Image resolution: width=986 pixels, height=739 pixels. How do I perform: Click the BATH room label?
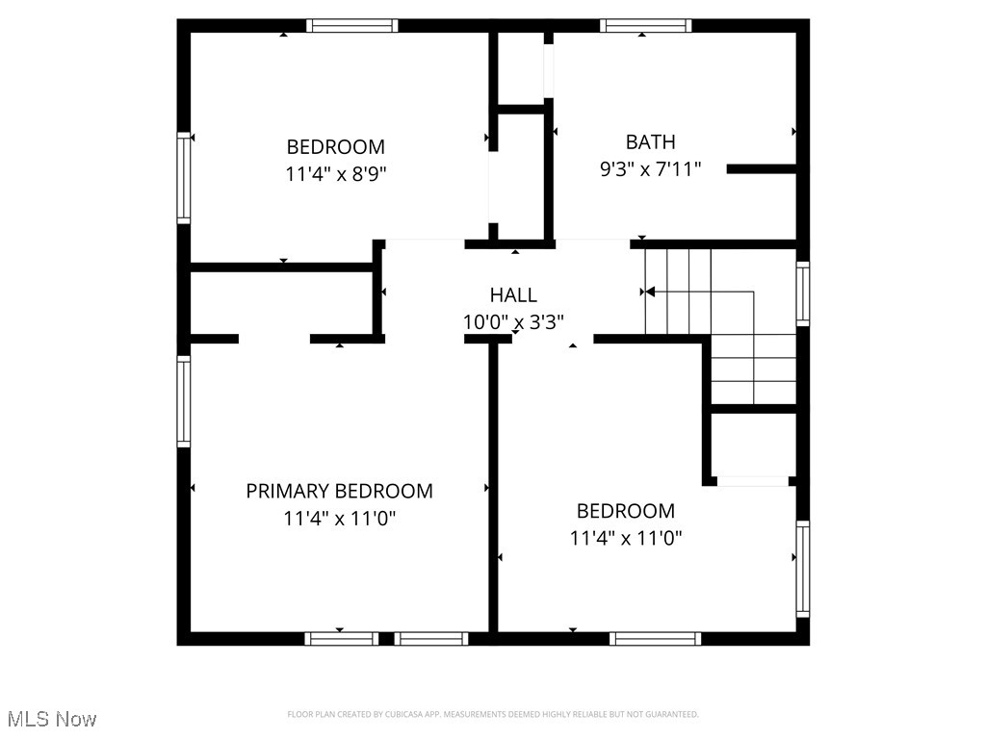[650, 142]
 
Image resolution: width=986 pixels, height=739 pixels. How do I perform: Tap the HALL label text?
[513, 295]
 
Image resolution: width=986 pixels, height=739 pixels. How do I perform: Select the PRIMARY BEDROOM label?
[339, 491]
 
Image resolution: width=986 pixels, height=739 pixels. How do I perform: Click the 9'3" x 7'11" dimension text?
[650, 169]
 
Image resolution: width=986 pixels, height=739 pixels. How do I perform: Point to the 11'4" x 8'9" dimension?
[335, 174]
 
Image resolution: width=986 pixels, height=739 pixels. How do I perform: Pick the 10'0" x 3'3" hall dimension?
[513, 322]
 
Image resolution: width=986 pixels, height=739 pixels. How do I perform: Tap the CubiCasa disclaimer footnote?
[492, 714]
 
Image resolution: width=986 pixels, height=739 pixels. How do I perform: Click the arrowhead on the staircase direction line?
[650, 291]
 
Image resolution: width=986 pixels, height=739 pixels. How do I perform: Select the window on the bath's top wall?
[645, 26]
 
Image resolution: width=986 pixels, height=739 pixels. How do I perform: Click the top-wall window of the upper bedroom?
[351, 26]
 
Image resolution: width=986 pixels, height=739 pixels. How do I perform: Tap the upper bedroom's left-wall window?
[183, 179]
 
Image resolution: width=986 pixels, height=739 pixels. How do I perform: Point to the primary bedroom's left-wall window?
[183, 400]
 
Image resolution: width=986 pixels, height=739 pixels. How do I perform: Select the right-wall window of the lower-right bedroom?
[802, 569]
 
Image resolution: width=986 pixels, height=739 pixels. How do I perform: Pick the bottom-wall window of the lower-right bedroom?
[655, 638]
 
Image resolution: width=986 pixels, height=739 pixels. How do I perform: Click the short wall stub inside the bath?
[761, 169]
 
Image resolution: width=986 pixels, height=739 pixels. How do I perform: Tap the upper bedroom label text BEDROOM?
[335, 147]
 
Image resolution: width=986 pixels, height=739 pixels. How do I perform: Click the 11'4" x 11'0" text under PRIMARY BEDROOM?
[339, 519]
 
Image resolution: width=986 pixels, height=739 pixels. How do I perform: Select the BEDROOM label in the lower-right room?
[626, 511]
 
